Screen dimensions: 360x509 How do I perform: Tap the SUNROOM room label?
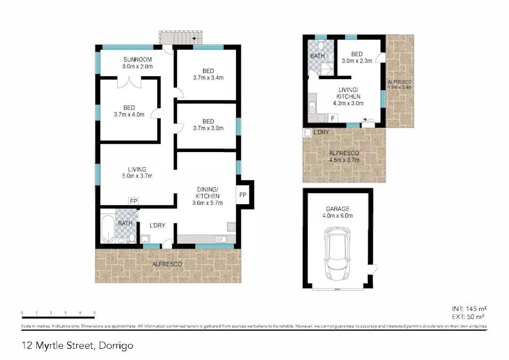138,59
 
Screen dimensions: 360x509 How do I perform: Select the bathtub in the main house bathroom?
108,229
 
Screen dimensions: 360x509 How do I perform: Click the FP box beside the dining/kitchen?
243,195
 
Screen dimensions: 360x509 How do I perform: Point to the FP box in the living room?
133,201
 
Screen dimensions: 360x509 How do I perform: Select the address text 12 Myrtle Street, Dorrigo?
78,346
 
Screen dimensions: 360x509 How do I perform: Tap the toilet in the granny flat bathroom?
321,44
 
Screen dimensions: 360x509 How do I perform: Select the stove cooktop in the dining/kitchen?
231,226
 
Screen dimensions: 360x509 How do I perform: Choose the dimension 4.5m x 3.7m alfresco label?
344,159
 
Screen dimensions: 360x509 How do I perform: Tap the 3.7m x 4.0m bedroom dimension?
129,114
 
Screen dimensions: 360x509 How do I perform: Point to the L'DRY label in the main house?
157,226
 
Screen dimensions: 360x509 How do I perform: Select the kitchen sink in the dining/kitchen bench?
220,239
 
